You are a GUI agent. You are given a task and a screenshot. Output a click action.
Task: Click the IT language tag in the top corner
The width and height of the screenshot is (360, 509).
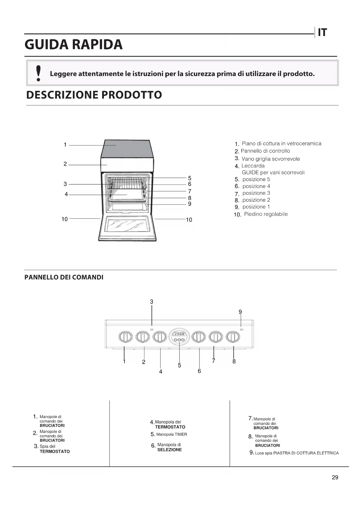click(x=322, y=33)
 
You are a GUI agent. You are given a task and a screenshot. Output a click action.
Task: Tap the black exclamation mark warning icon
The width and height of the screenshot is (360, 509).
click(x=38, y=73)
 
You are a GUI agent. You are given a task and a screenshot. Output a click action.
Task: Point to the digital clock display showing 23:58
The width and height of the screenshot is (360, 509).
click(x=179, y=334)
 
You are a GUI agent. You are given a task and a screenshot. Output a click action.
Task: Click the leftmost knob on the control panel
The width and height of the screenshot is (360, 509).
click(x=125, y=337)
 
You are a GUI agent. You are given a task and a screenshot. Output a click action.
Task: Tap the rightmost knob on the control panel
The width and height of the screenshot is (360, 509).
click(x=233, y=337)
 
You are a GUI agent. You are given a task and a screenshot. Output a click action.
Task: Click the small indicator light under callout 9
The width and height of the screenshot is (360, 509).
click(x=241, y=330)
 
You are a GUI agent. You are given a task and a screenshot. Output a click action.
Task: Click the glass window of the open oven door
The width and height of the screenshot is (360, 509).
click(x=127, y=225)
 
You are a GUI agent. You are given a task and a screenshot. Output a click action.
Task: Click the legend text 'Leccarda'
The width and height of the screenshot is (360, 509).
click(x=253, y=166)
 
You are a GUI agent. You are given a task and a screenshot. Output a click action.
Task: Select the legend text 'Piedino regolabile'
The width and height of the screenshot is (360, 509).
click(x=266, y=214)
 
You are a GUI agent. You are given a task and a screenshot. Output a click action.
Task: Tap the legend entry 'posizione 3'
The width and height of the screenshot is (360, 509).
click(x=256, y=193)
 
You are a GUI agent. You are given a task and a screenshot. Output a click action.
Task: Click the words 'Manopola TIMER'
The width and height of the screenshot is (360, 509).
click(x=171, y=434)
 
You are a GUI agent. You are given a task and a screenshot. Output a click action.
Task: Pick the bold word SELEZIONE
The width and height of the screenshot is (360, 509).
click(x=169, y=450)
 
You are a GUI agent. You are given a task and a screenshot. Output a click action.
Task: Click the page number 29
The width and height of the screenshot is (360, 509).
click(x=335, y=477)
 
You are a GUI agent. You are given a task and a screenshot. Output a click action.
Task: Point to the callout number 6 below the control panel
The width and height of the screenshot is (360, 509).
click(x=199, y=371)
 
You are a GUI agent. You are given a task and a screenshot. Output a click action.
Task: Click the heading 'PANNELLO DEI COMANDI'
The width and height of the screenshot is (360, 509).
click(x=64, y=277)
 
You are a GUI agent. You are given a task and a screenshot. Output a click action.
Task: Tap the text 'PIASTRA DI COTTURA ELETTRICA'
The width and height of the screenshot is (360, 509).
click(x=306, y=453)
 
